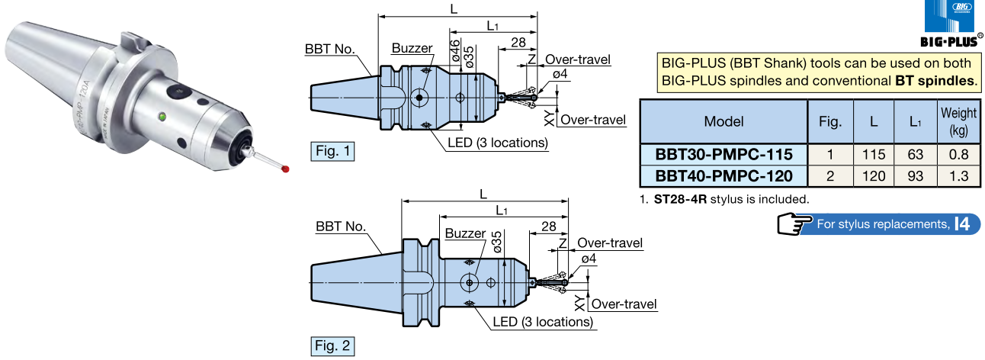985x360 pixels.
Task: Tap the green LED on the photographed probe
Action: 162,117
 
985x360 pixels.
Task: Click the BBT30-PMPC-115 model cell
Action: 724,154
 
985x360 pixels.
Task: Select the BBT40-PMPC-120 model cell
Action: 724,176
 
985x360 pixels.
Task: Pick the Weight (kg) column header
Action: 958,121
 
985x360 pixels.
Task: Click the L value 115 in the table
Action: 873,154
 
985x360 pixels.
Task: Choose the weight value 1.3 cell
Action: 958,176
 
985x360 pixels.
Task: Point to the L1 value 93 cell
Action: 916,176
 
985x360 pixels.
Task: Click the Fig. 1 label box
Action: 333,151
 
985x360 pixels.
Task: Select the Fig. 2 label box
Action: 333,346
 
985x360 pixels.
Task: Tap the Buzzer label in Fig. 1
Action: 412,48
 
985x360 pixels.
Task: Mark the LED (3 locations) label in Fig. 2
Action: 542,322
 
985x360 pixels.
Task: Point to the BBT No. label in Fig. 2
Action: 341,227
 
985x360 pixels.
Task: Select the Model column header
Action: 724,121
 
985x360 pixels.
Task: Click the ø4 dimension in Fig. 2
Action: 589,259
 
